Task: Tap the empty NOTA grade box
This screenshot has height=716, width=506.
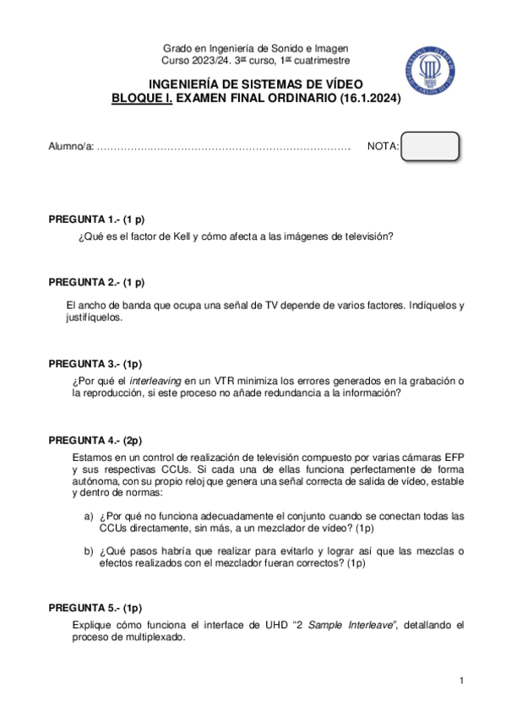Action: point(430,146)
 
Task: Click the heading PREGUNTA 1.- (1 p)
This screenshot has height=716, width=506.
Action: point(96,219)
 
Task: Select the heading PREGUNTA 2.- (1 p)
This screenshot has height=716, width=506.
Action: point(96,282)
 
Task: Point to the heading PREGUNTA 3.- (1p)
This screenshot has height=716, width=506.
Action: point(95,364)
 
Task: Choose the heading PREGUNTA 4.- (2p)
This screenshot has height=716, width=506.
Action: point(95,440)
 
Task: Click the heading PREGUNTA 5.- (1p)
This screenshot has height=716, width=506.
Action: point(95,607)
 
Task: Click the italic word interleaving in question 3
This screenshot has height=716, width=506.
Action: point(155,382)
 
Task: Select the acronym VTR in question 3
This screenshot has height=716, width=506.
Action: point(225,382)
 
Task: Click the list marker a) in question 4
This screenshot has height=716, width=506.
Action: point(88,516)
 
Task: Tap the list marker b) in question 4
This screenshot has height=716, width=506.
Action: point(88,552)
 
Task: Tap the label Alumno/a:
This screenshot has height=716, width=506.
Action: point(71,147)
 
